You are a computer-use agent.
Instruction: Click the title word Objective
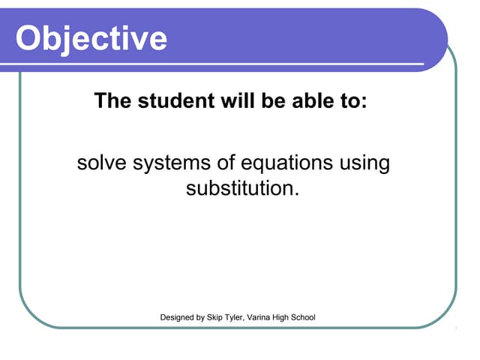click(91, 37)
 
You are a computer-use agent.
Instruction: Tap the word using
click(364, 163)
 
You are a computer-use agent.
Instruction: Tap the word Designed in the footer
click(178, 318)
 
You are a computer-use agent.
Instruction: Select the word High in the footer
click(294, 318)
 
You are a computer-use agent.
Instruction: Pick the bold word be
click(265, 100)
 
